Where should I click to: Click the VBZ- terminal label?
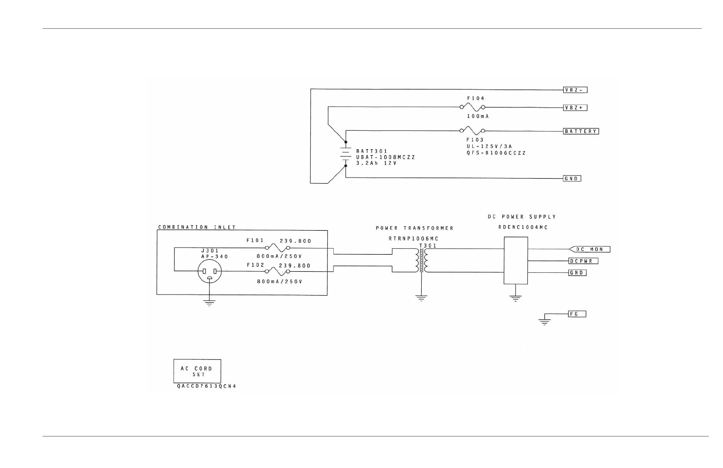(x=575, y=90)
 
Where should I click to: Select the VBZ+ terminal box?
(x=575, y=108)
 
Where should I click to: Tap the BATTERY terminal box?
(x=581, y=131)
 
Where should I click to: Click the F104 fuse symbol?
(x=472, y=107)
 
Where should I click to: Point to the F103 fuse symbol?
(x=472, y=131)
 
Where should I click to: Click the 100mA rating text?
(x=478, y=116)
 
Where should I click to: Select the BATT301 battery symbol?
(x=346, y=154)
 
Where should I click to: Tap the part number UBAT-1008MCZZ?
(x=385, y=157)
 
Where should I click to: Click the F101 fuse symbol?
(x=277, y=247)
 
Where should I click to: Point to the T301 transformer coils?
(x=421, y=260)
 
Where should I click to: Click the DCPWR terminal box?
(x=583, y=261)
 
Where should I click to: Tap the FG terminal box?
(x=577, y=314)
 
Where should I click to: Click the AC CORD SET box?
(x=197, y=371)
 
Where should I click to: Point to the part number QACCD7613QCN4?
(x=206, y=386)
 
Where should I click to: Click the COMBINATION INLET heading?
(x=197, y=227)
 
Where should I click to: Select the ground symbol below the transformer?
(x=421, y=298)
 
